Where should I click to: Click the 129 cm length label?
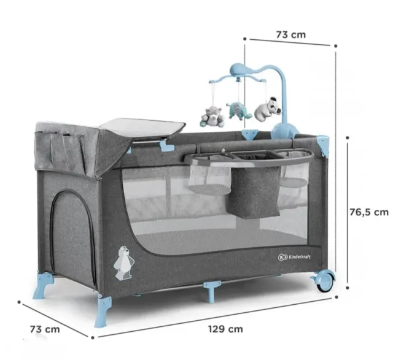(x=225, y=329)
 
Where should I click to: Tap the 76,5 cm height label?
(x=369, y=212)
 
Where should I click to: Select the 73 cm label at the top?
(x=291, y=34)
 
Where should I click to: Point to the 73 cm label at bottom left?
(x=45, y=329)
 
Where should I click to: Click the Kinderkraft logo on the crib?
(x=294, y=256)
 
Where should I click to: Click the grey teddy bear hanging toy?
(x=211, y=117)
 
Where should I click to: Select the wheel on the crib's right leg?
(x=325, y=281)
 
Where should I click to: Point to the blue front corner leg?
(x=103, y=310)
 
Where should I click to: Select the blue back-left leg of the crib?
(x=44, y=285)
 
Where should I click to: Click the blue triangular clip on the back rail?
(x=250, y=135)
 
